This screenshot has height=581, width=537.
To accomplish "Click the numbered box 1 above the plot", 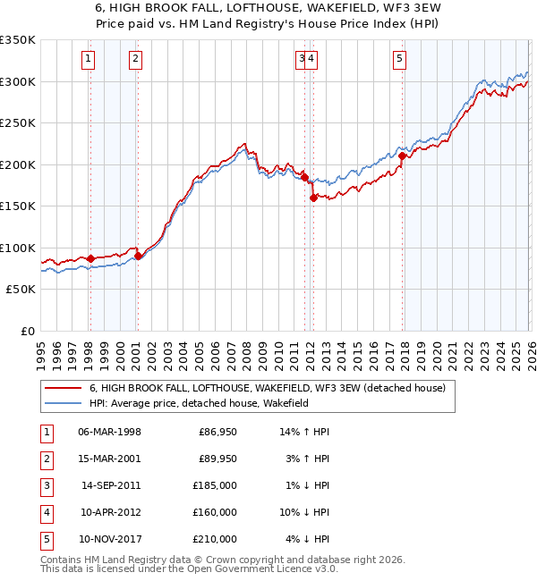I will click(x=89, y=60).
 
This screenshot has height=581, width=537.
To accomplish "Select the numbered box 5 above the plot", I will click(x=398, y=60).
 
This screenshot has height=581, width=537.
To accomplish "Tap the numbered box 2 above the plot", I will click(x=134, y=60).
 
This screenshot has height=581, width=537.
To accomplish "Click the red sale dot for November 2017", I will click(x=402, y=156).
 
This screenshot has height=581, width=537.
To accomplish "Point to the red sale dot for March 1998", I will click(x=90, y=258).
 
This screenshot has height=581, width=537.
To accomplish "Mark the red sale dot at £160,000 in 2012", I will click(x=313, y=198).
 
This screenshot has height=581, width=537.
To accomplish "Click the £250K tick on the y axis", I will click(x=18, y=123).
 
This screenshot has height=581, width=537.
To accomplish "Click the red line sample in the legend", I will click(x=63, y=388).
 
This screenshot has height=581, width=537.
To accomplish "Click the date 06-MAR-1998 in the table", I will click(x=109, y=432).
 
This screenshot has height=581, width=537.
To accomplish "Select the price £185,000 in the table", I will click(x=216, y=485).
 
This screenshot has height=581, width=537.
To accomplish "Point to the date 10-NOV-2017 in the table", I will click(x=110, y=539).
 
